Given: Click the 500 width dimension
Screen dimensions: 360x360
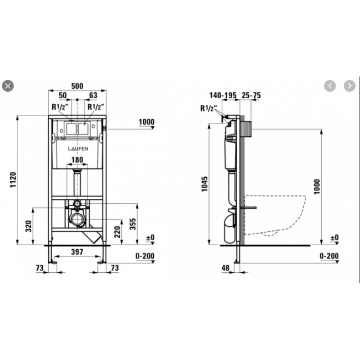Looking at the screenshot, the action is [77, 86].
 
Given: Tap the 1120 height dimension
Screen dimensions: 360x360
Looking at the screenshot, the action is [13, 180].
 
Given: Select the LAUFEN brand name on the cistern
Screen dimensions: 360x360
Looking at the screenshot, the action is [78, 149].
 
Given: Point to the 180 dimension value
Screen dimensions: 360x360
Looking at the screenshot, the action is [77, 160].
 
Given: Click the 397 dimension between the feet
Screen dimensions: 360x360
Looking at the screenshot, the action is [77, 252].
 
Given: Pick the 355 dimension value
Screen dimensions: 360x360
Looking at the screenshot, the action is [133, 224].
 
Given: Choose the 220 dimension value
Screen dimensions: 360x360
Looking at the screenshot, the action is [117, 232].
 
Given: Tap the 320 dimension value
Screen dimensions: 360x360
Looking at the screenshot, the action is [28, 226].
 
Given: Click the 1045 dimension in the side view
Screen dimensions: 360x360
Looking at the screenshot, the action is [204, 184].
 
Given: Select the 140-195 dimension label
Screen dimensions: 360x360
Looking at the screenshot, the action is [223, 95].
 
